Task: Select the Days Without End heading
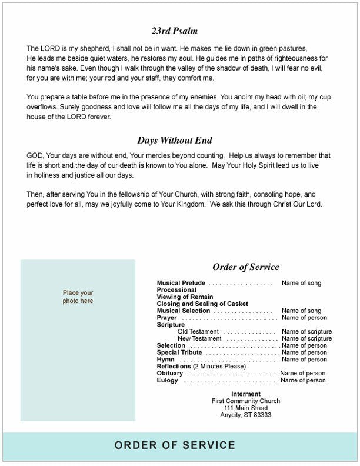(x=175, y=141)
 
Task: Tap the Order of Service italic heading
(x=246, y=267)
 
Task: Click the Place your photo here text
(x=78, y=297)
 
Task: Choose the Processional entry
(x=176, y=290)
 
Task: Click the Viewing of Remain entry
(x=185, y=297)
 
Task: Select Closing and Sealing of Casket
(x=198, y=304)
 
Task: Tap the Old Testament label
(x=198, y=332)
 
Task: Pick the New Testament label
(x=199, y=339)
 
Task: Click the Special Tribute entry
(x=179, y=352)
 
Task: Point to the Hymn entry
(x=165, y=360)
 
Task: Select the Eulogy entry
(x=167, y=381)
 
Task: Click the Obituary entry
(x=170, y=374)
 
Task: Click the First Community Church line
(x=246, y=401)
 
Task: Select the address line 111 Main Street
(x=246, y=408)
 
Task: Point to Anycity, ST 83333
(x=246, y=415)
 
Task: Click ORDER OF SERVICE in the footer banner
(x=175, y=445)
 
